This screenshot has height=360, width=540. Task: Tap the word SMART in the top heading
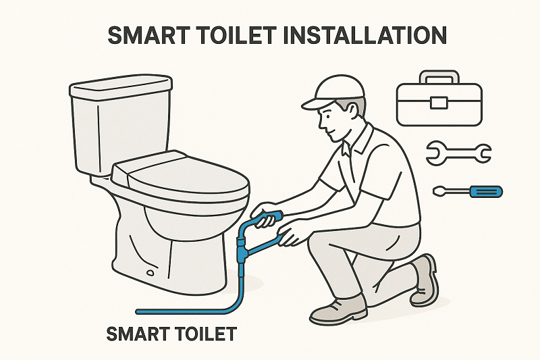(149, 36)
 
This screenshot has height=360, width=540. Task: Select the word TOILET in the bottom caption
(202, 333)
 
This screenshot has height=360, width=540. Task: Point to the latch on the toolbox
(439, 102)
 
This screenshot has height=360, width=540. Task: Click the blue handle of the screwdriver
(487, 191)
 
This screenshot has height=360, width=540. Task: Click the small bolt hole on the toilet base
(149, 274)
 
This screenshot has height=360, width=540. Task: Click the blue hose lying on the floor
(182, 311)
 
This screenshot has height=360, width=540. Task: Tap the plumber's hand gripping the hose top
(266, 211)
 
